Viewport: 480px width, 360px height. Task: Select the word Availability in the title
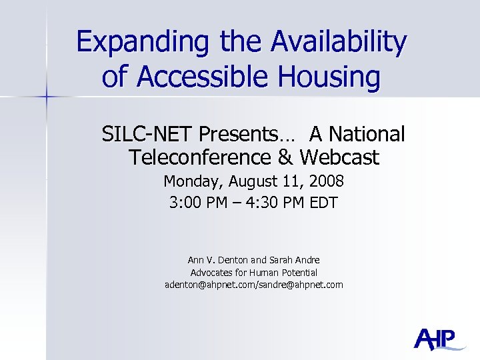(x=338, y=43)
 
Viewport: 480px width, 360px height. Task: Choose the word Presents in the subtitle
(x=239, y=135)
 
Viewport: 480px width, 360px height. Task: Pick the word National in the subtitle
(x=365, y=135)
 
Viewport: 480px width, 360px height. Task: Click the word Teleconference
(x=198, y=158)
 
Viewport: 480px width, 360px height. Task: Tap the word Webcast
(x=339, y=158)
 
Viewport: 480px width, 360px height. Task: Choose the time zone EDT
(x=324, y=203)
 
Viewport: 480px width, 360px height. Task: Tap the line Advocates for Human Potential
(x=254, y=272)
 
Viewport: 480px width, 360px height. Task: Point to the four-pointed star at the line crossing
(x=47, y=97)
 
